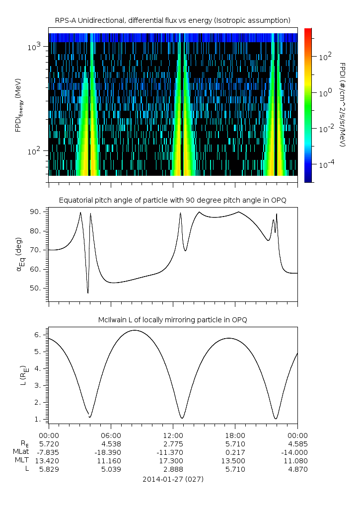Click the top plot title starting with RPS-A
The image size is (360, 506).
click(173, 20)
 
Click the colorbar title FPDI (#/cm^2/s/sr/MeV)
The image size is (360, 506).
click(342, 104)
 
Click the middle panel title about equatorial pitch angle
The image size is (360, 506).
click(173, 200)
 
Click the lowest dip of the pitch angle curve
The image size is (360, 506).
click(88, 293)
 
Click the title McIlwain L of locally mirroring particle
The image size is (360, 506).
click(173, 320)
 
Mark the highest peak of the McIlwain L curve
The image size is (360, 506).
click(134, 330)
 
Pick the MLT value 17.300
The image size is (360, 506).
click(173, 461)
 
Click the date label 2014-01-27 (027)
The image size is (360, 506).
click(173, 480)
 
